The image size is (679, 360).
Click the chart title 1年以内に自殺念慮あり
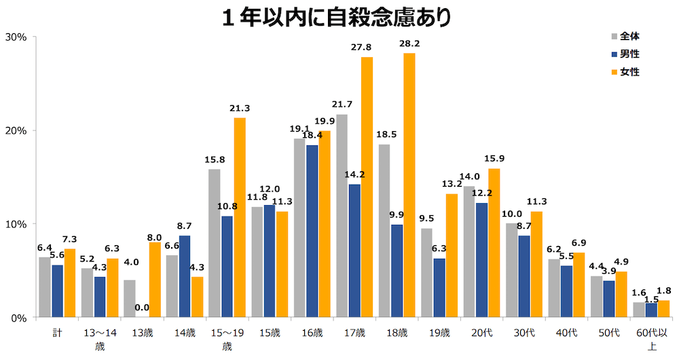coord(337,17)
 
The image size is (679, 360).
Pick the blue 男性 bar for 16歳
coord(312,231)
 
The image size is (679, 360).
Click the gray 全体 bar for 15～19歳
coord(214,243)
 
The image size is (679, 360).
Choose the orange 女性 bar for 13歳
coord(155,280)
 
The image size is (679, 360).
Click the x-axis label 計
coord(58,333)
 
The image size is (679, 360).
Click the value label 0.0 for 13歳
coord(142,308)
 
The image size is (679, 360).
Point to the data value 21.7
coord(342,105)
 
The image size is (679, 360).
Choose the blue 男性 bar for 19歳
coord(439,288)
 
